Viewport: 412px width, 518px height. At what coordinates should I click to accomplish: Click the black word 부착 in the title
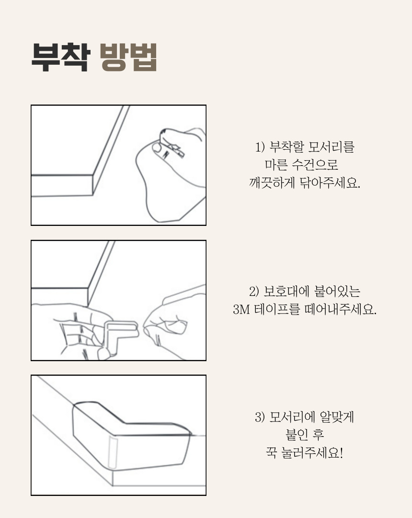[60, 57]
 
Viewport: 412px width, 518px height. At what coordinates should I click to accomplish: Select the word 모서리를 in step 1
[331, 147]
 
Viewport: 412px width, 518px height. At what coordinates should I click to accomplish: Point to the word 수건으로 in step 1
[315, 165]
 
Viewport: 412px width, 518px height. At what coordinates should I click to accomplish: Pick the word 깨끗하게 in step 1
[272, 182]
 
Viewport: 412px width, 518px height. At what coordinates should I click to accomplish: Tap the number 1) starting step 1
[260, 147]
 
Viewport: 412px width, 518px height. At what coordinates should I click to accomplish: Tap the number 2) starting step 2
[254, 292]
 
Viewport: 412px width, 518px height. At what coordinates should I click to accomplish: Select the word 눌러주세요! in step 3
[312, 453]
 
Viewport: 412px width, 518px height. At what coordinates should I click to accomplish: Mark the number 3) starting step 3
[260, 417]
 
